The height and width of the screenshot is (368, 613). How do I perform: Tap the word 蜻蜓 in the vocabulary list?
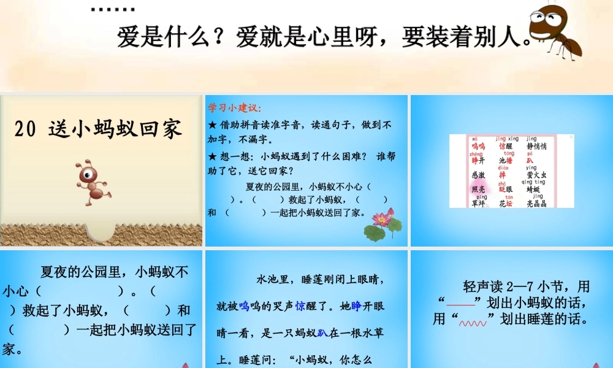tap(536, 190)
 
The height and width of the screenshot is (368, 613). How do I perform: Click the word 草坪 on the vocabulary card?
tap(478, 204)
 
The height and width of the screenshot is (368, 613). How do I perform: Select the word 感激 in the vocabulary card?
tap(478, 175)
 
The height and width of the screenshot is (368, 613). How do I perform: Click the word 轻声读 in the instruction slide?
tap(483, 286)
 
